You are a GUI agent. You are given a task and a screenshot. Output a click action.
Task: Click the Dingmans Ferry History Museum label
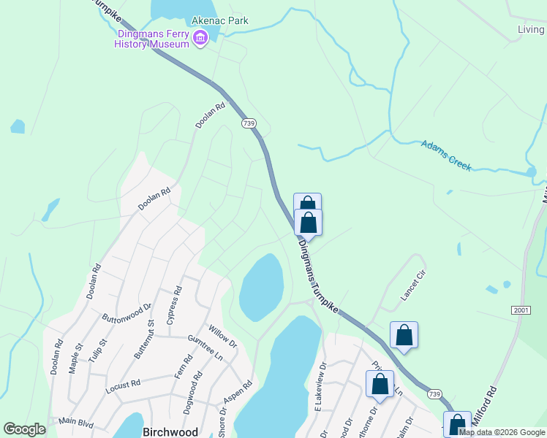coord(151,39)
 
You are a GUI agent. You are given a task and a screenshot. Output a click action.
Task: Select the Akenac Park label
coord(219,20)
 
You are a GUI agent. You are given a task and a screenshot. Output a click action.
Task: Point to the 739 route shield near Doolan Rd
coord(249,124)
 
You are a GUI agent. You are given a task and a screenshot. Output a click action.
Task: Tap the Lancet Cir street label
coord(412,289)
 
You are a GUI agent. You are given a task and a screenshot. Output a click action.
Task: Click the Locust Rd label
coord(121,384)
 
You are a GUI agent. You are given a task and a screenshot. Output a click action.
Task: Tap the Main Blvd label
coord(78,420)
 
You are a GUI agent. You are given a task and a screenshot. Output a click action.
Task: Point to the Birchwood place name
coord(170,432)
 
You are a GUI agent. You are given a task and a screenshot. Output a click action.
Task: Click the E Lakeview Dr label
coord(320,383)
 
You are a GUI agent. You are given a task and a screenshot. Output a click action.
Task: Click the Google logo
coord(24,429)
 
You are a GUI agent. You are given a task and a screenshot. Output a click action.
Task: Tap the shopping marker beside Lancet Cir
coord(404,336)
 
